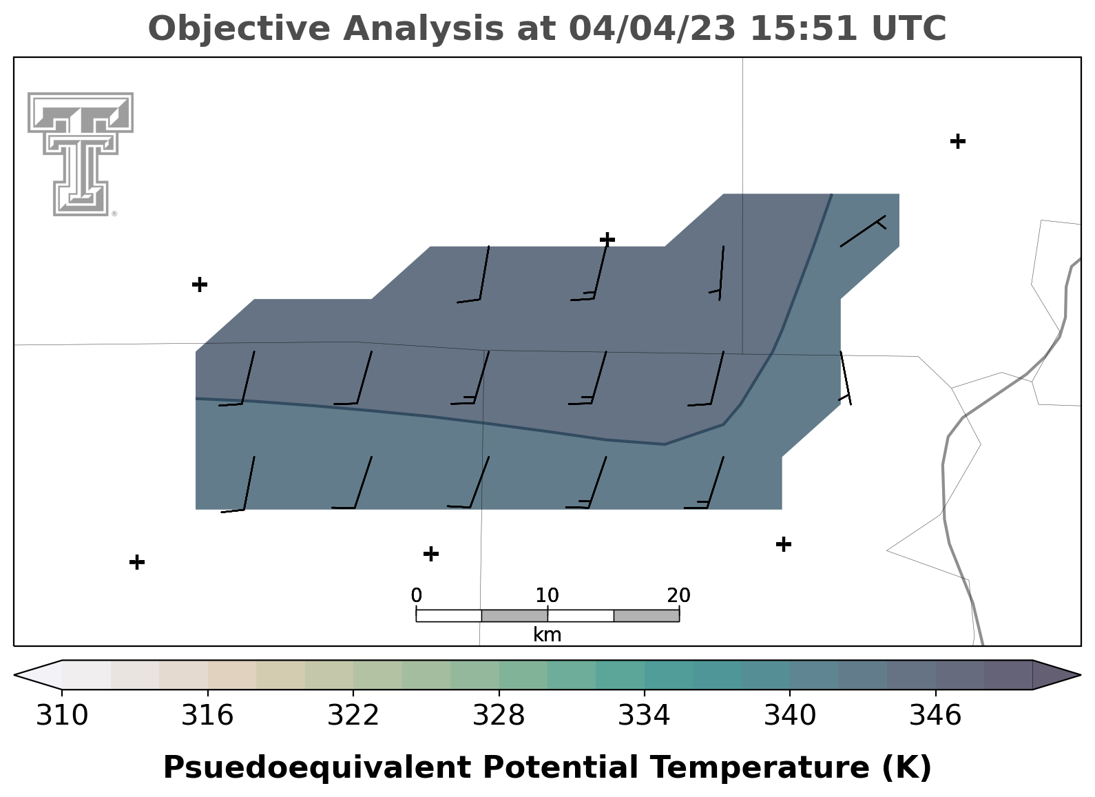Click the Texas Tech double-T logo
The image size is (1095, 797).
(x=80, y=154)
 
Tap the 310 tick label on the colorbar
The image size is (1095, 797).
(x=62, y=715)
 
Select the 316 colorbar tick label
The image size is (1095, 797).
(x=208, y=715)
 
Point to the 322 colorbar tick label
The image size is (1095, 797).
(x=353, y=715)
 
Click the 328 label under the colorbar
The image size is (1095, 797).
(x=499, y=715)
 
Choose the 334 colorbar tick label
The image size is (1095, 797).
(x=645, y=715)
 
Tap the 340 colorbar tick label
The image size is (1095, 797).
(x=790, y=715)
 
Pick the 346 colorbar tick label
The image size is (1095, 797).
(x=936, y=715)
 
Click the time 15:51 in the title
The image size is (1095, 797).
(x=803, y=28)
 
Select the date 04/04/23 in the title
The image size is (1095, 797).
(x=652, y=28)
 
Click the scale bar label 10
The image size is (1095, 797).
(x=547, y=596)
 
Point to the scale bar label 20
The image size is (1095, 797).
(x=679, y=596)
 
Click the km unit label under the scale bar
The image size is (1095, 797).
(x=547, y=635)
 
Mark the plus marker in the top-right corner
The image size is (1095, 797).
(x=958, y=141)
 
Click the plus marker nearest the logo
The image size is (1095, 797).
(x=200, y=284)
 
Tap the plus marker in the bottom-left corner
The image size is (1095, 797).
(x=137, y=562)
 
